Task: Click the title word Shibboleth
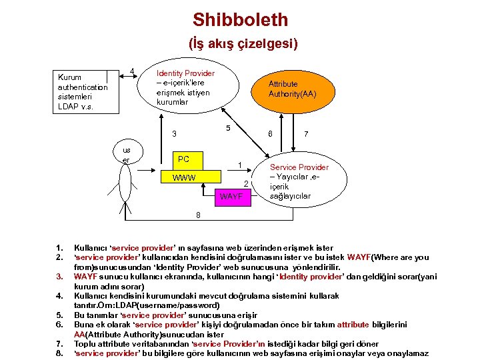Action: (x=240, y=19)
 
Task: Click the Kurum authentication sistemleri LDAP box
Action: (x=83, y=92)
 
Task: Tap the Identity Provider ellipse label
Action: (x=185, y=87)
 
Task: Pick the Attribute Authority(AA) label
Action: (x=291, y=89)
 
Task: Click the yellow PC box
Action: (x=183, y=159)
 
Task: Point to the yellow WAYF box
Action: (x=231, y=197)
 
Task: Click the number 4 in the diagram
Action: (x=132, y=71)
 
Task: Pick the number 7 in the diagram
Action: (x=305, y=134)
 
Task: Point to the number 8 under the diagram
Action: (x=197, y=215)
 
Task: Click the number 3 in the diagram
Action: (x=174, y=134)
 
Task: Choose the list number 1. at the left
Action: (x=59, y=248)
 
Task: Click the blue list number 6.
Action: (x=59, y=325)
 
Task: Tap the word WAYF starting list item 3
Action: (x=85, y=276)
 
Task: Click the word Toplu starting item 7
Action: (x=85, y=343)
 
